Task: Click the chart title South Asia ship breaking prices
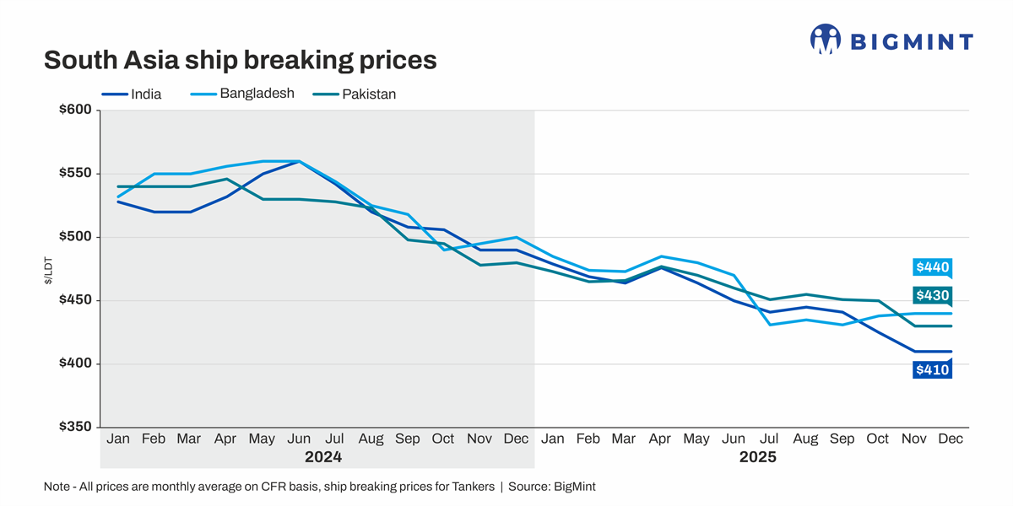point(240,61)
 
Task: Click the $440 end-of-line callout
point(932,268)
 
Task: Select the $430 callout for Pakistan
point(932,295)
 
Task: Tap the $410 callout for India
point(932,369)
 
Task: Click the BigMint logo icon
point(825,39)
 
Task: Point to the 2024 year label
point(323,458)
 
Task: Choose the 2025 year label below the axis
point(757,458)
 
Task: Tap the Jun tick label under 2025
point(734,439)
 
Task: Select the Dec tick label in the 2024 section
point(516,439)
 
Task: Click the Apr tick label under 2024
point(225,439)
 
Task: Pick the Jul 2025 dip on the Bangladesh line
point(770,325)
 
